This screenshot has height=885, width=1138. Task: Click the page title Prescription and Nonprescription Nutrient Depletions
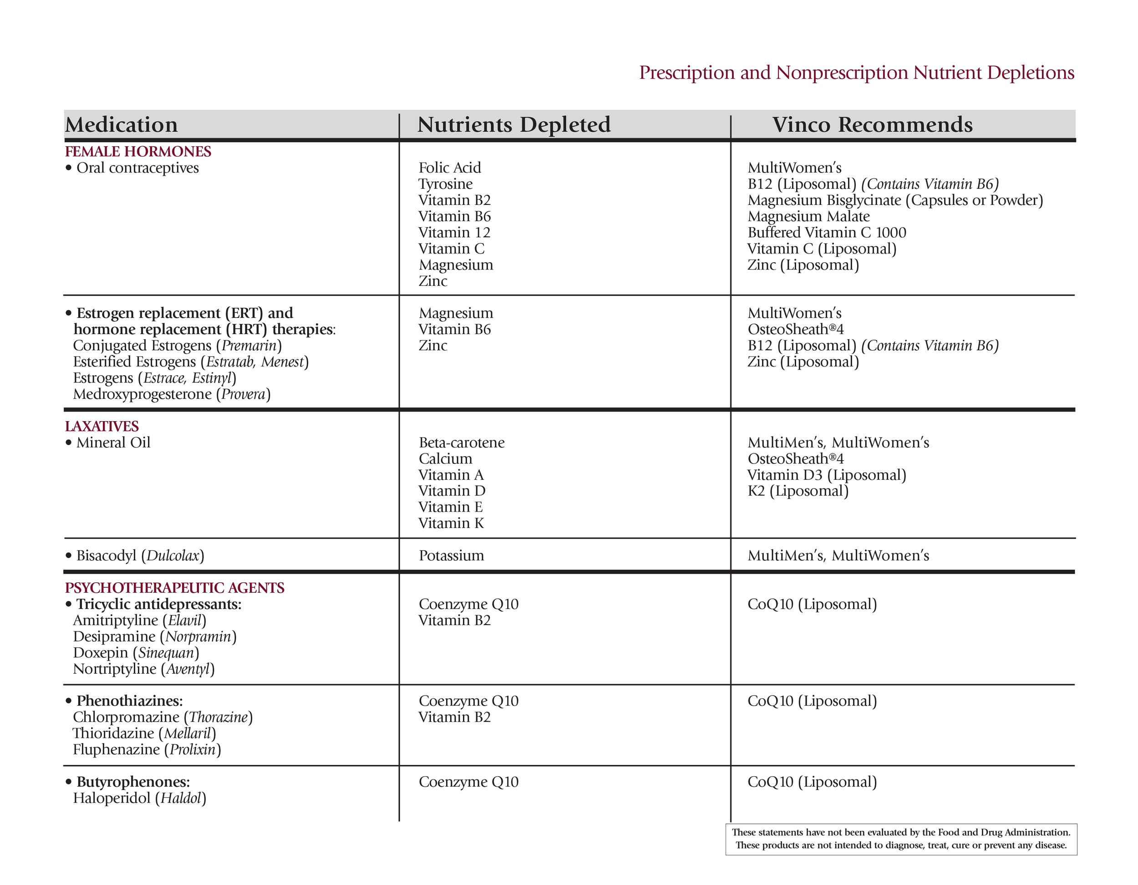856,72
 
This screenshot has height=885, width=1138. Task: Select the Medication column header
122,125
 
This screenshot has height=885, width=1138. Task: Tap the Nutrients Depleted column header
514,125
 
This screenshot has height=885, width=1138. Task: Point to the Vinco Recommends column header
872,125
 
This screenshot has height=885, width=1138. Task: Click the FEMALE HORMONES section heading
138,152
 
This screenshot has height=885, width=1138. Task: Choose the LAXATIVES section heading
102,427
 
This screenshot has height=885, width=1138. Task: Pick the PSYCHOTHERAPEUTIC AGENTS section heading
174,588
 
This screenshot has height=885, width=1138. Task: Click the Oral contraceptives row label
137,168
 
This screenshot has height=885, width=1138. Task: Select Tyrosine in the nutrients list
446,184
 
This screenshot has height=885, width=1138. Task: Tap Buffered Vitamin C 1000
826,233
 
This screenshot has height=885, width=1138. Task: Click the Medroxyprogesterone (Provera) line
172,394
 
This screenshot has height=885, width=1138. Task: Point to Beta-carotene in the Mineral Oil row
462,442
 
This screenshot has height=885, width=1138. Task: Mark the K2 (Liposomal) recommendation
798,491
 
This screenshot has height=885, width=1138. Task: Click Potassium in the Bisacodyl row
451,555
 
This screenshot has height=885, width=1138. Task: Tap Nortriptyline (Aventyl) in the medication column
144,669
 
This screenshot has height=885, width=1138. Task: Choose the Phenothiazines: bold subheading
129,701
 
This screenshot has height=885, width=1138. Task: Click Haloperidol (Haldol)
140,798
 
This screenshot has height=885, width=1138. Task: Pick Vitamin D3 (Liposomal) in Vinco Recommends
826,475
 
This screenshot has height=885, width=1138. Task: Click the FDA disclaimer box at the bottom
901,839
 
